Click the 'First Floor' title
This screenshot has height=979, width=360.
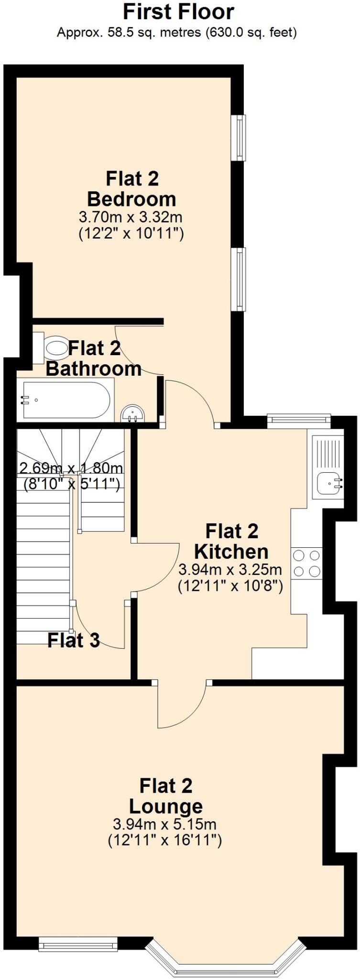[x=179, y=12]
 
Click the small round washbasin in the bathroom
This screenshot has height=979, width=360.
[x=133, y=414]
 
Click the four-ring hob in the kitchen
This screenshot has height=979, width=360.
[x=306, y=563]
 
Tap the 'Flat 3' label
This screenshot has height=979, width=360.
[x=74, y=640]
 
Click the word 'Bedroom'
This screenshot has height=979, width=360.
[x=131, y=199]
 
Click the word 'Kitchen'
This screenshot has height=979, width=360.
[x=231, y=552]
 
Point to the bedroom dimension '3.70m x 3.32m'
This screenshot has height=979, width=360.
[x=131, y=218]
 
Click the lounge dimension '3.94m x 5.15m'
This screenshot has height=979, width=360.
[x=164, y=824]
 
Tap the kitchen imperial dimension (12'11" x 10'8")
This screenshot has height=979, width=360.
[x=230, y=586]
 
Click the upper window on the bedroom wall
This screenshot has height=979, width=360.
[x=240, y=138]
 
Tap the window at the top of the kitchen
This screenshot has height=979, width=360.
[x=299, y=419]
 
